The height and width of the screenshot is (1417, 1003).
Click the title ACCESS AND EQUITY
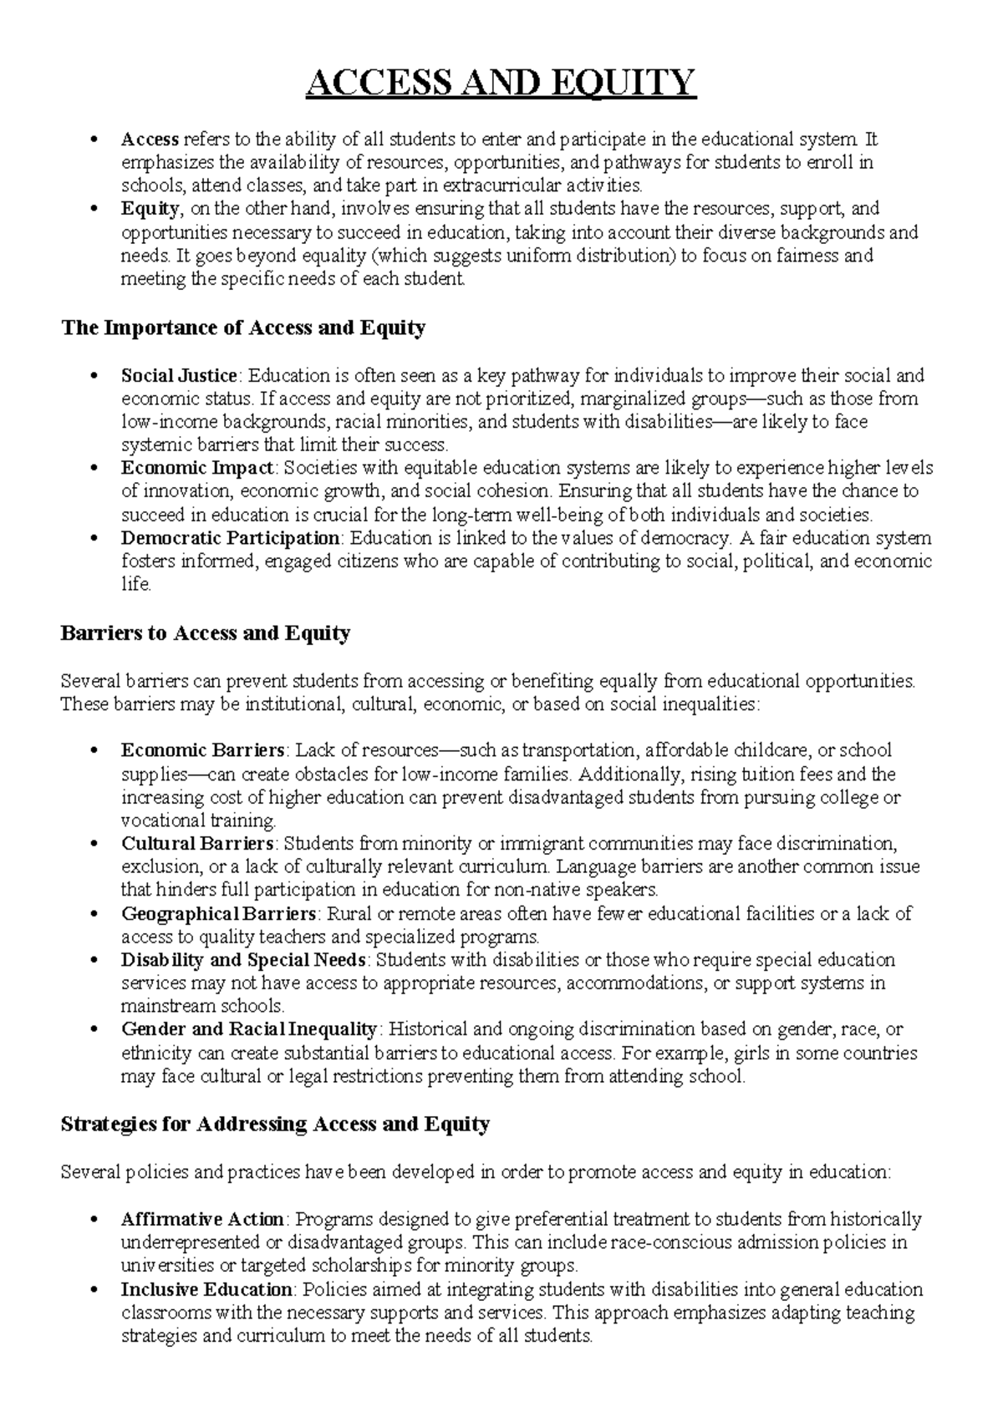click(501, 84)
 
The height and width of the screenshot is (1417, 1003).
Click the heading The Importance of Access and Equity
click(243, 328)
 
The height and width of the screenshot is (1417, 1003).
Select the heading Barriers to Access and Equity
click(205, 633)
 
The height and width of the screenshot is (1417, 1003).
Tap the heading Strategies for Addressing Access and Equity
click(275, 1124)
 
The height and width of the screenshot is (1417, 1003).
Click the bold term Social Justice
click(180, 375)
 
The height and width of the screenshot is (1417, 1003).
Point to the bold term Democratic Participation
click(230, 538)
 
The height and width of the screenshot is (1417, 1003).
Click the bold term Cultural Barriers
click(197, 843)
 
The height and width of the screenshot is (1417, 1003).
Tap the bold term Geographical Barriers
click(219, 913)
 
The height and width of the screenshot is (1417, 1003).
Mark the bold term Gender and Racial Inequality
click(249, 1029)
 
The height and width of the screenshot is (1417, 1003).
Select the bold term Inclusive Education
click(206, 1289)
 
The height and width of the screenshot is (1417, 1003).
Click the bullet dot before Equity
click(99, 209)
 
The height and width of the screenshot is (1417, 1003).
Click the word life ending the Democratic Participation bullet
click(135, 585)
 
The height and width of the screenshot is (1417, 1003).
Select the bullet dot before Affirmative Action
click(99, 1220)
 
